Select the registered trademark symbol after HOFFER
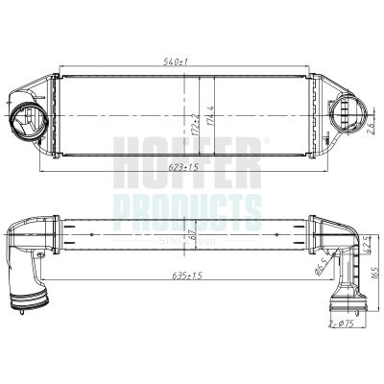(266, 140)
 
